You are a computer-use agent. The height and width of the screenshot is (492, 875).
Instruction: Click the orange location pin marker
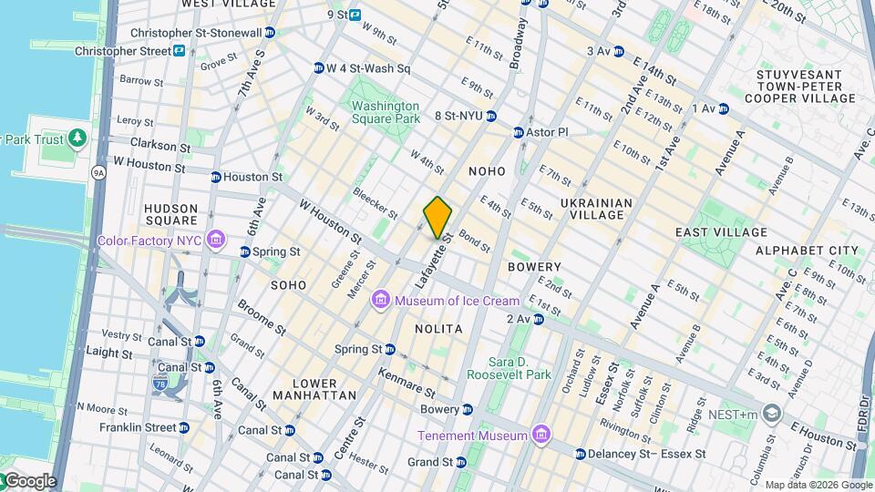pyautogui.click(x=437, y=218)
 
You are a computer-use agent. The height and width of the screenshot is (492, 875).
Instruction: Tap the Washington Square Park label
pyautogui.click(x=386, y=112)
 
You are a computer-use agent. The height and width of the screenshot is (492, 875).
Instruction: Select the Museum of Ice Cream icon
pyautogui.click(x=381, y=301)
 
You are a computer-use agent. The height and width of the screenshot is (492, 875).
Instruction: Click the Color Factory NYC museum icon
pyautogui.click(x=216, y=241)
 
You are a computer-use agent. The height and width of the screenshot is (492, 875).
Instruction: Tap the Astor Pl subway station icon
pyautogui.click(x=519, y=132)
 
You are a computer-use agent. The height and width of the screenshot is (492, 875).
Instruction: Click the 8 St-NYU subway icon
pyautogui.click(x=491, y=116)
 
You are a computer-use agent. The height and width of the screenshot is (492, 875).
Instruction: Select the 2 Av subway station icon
pyautogui.click(x=539, y=319)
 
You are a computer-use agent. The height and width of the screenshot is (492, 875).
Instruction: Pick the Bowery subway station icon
pyautogui.click(x=468, y=409)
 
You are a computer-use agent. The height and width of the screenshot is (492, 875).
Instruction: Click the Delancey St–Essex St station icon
pyautogui.click(x=581, y=453)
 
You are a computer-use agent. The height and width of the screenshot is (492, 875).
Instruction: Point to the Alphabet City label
pyautogui.click(x=807, y=250)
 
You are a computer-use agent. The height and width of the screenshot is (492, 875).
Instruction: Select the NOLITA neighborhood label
pyautogui.click(x=438, y=328)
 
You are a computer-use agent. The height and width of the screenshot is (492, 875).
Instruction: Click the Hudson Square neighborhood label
pyautogui.click(x=170, y=214)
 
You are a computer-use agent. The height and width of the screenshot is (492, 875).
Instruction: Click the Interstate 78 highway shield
pyautogui.click(x=161, y=378)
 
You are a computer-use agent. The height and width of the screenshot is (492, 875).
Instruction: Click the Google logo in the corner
pyautogui.click(x=29, y=481)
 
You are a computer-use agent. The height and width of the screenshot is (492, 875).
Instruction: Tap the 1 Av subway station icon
pyautogui.click(x=724, y=109)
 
